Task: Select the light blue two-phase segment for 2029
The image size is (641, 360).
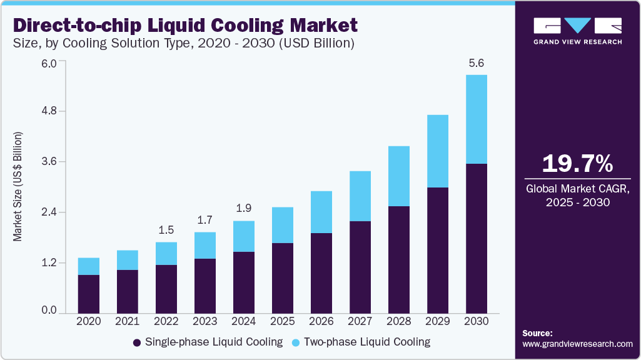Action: click(438, 151)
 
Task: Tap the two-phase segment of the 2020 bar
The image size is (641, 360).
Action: click(89, 266)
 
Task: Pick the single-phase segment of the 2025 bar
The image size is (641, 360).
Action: click(283, 277)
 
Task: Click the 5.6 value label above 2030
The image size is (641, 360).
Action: click(477, 63)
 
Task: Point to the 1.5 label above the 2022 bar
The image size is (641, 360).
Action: click(166, 230)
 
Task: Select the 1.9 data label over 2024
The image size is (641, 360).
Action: click(244, 208)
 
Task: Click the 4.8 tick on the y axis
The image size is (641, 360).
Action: click(49, 111)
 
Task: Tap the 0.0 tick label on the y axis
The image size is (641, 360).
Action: click(49, 311)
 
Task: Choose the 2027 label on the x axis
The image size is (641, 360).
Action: click(360, 321)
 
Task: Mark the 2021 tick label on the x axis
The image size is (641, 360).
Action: click(128, 321)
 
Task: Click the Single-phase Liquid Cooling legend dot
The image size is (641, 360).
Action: click(137, 342)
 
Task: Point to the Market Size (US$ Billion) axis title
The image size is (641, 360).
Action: click(18, 187)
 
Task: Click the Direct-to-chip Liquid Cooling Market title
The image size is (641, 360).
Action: click(185, 25)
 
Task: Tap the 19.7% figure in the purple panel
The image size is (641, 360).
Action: click(577, 164)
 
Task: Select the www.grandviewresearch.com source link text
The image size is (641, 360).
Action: click(577, 344)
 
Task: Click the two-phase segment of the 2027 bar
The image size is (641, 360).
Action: click(360, 196)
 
